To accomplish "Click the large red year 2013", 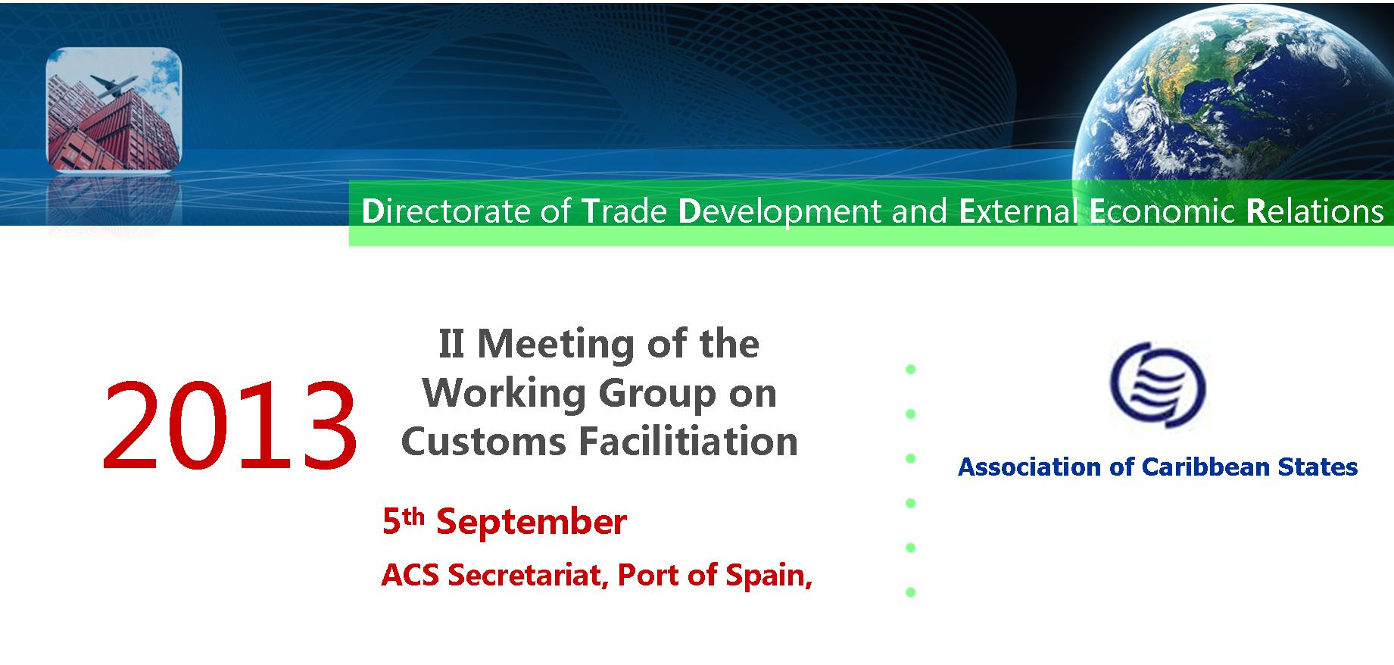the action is (229, 425).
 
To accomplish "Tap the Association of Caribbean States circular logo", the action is (1158, 385).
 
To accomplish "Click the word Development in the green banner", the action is (780, 212).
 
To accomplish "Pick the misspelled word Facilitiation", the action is (688, 442).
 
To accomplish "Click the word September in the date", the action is (532, 522).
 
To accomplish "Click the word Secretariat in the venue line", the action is (530, 575).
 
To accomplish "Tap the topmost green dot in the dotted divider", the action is (911, 370).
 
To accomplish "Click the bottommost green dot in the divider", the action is (911, 592).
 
